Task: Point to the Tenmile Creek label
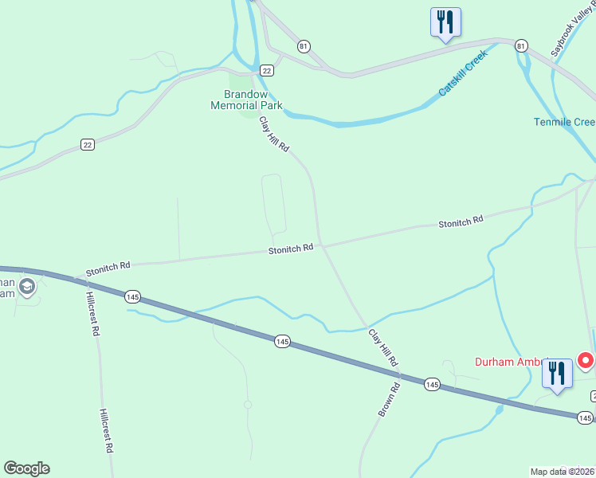(x=565, y=122)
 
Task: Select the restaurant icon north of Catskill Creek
(x=445, y=22)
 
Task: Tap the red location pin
(x=586, y=362)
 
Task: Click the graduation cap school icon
(x=27, y=288)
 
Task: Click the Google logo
(x=26, y=468)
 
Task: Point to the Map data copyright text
(x=563, y=472)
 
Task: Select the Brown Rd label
(x=389, y=400)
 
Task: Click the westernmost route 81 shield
(x=304, y=46)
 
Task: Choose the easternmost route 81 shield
(x=520, y=45)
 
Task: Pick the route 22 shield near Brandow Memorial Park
(x=267, y=70)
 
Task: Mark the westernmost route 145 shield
(x=132, y=296)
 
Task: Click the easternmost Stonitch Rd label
(x=461, y=222)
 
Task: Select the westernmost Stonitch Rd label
(x=108, y=265)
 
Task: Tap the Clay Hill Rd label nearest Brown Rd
(x=383, y=347)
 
